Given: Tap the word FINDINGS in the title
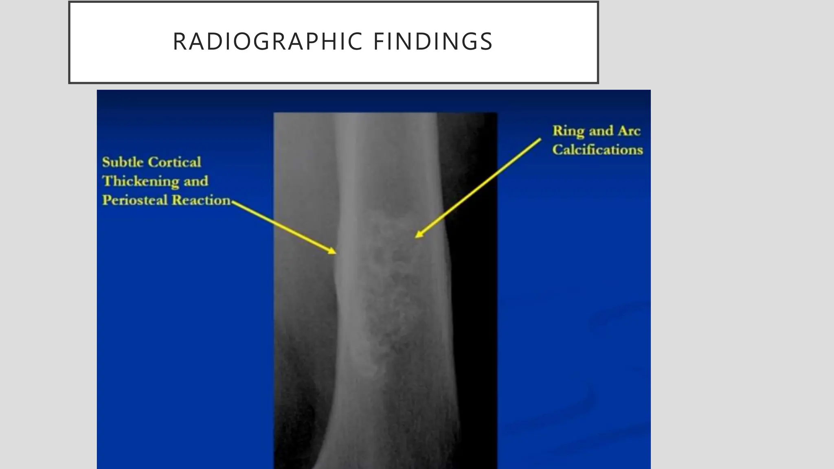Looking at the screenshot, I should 433,42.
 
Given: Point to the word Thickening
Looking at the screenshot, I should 140,181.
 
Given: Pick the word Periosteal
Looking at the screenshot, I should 135,200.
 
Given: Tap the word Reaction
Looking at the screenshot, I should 201,200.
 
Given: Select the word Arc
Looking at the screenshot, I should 629,131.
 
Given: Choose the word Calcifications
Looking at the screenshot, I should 597,150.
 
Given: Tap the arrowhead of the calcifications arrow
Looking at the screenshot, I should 417,236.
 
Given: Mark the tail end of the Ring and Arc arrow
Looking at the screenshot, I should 540,140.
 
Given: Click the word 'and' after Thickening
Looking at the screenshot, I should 195,181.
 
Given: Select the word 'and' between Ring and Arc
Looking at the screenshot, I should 601,131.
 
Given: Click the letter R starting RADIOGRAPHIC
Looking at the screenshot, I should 179,42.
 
